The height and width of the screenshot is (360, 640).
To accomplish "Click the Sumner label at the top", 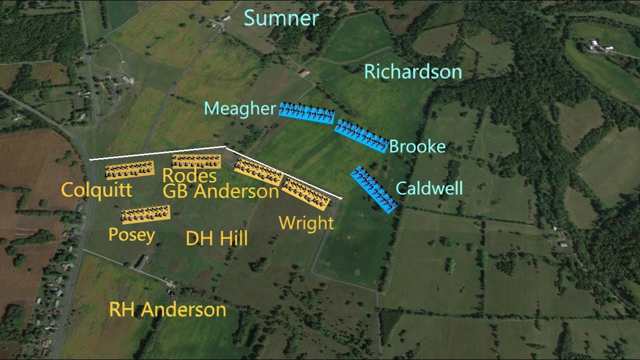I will click(x=281, y=19).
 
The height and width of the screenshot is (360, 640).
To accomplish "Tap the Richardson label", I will click(x=412, y=72).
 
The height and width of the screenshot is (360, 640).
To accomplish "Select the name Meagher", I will click(x=239, y=109).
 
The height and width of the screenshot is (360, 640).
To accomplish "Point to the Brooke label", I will click(x=416, y=146).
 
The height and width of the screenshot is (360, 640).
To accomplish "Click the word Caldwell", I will click(x=429, y=188).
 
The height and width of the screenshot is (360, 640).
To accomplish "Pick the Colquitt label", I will click(x=96, y=190).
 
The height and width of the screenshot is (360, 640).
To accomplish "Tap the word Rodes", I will click(x=189, y=176).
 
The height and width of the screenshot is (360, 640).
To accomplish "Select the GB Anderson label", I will click(x=220, y=191).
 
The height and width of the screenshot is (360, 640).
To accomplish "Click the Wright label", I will click(x=306, y=223).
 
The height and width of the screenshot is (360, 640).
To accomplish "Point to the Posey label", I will click(x=131, y=235).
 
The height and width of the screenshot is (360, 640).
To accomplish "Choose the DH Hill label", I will click(x=216, y=239).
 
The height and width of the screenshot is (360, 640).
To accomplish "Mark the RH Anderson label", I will click(x=167, y=310).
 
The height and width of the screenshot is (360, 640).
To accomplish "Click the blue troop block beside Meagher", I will click(x=306, y=113).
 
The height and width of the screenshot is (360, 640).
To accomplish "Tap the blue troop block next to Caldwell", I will click(x=374, y=189).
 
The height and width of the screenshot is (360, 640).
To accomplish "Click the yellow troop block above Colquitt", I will click(x=129, y=170).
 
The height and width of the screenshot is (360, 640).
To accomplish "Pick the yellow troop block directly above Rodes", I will click(x=196, y=161).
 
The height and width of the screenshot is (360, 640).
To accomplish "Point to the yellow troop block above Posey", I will click(x=145, y=213).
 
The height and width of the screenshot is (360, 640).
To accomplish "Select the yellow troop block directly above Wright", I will click(x=305, y=194).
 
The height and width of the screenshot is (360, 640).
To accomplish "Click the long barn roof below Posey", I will click(x=141, y=262).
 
